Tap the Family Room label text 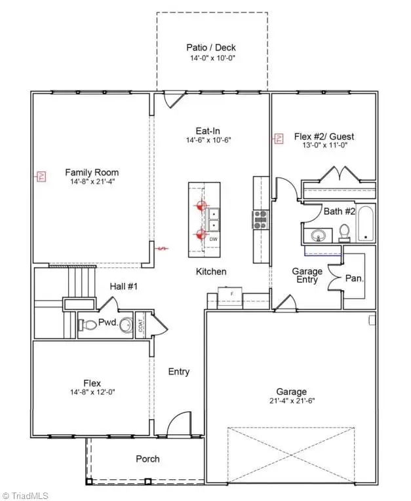click(x=92, y=173)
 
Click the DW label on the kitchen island click(x=213, y=240)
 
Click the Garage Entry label click(x=307, y=275)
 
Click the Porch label click(x=147, y=458)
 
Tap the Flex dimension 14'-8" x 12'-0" click(x=92, y=392)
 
